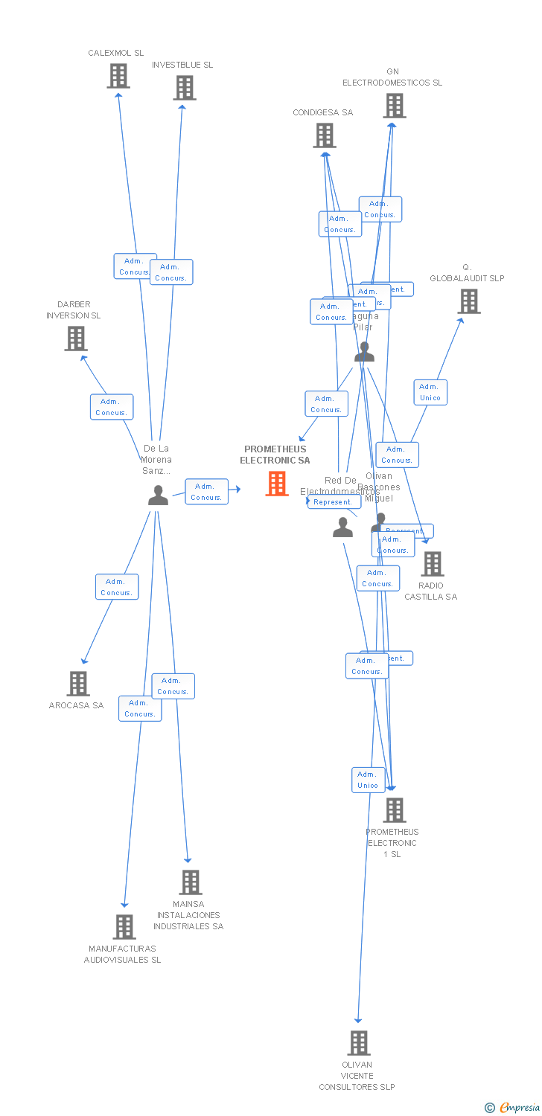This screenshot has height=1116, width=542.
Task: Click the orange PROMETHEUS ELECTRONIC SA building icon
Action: pyautogui.click(x=277, y=484)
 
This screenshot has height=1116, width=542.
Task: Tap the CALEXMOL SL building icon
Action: pyautogui.click(x=118, y=76)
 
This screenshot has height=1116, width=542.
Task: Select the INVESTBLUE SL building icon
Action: pyautogui.click(x=185, y=88)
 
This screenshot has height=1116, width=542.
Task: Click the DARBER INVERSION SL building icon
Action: pyautogui.click(x=75, y=339)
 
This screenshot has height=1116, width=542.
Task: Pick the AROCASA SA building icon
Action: pyautogui.click(x=77, y=683)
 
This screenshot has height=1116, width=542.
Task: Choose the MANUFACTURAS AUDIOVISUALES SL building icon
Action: pyautogui.click(x=124, y=927)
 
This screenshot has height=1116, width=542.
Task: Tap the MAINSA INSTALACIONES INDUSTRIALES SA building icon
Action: pyautogui.click(x=191, y=882)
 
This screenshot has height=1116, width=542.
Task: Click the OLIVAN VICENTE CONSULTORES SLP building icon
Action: pyautogui.click(x=359, y=1043)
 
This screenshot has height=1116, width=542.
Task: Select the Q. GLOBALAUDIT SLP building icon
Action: pyautogui.click(x=468, y=301)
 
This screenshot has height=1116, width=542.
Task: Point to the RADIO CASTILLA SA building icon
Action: pyautogui.click(x=433, y=564)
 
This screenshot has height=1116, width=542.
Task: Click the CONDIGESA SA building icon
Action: pyautogui.click(x=324, y=135)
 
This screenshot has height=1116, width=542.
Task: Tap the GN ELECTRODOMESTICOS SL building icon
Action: pyautogui.click(x=395, y=106)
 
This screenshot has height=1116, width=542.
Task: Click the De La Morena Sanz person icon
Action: pyautogui.click(x=158, y=496)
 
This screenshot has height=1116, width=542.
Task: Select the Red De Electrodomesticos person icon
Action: pyautogui.click(x=342, y=527)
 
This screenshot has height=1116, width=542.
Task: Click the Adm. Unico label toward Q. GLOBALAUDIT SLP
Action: pyautogui.click(x=430, y=392)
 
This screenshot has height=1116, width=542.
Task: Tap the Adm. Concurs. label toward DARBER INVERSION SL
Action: pyautogui.click(x=112, y=407)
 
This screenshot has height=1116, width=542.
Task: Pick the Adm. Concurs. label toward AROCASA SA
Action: pyautogui.click(x=117, y=587)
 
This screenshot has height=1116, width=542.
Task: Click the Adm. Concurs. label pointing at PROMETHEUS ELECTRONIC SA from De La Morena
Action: pyautogui.click(x=206, y=492)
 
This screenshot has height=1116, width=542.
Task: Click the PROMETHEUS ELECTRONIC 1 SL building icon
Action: pyautogui.click(x=394, y=810)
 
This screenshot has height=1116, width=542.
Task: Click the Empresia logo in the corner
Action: pyautogui.click(x=514, y=1108)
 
